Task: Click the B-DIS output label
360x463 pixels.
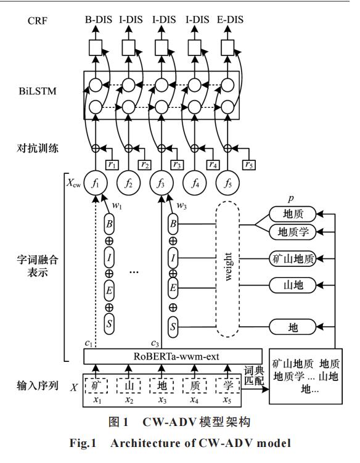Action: coord(99,20)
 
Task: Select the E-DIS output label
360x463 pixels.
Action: coord(230,20)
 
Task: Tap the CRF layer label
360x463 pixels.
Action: coord(38,21)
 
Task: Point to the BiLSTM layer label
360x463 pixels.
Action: coord(38,91)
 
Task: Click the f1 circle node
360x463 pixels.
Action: coord(96,183)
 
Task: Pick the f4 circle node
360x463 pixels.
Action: coord(195,183)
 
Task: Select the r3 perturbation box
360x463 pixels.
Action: coord(177,165)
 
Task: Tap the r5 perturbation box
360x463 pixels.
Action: coord(249,165)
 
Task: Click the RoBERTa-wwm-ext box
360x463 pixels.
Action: coord(173,356)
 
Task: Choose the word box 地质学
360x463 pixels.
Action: coord(293,232)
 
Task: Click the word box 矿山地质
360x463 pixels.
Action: coord(293,259)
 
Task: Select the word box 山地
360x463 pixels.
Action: coord(293,285)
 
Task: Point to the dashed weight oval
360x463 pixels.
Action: coord(227,269)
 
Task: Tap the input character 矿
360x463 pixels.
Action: coord(96,386)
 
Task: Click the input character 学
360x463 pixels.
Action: coord(227,386)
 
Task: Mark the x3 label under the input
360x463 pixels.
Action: coord(162,400)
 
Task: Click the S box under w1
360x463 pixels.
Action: coord(109,324)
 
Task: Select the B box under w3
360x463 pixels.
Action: coord(173,224)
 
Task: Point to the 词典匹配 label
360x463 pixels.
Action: coord(254,375)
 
